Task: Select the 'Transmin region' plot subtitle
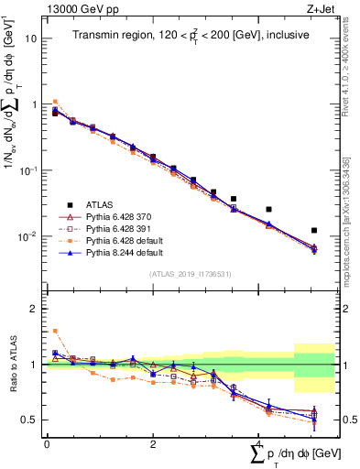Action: pyautogui.click(x=191, y=35)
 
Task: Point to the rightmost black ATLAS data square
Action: pyautogui.click(x=314, y=231)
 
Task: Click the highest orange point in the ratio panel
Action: pyautogui.click(x=55, y=331)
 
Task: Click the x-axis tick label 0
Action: pyautogui.click(x=47, y=443)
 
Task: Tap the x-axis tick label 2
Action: pyautogui.click(x=153, y=443)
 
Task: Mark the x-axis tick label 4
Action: pyautogui.click(x=259, y=443)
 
